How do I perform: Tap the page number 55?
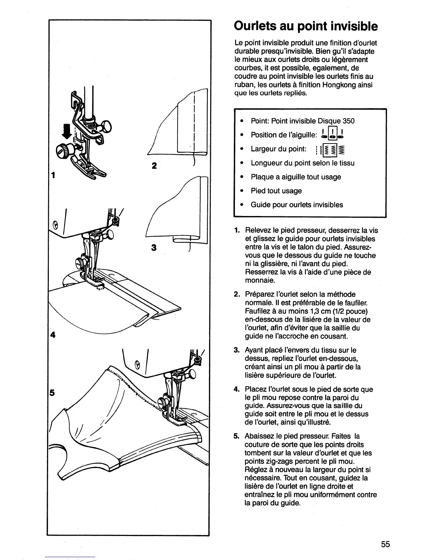coord(386,544)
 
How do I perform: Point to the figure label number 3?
coord(154,248)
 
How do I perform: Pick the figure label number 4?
coord(53,335)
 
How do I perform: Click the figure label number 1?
coord(53,175)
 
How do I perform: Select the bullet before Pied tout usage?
coord(241,191)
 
